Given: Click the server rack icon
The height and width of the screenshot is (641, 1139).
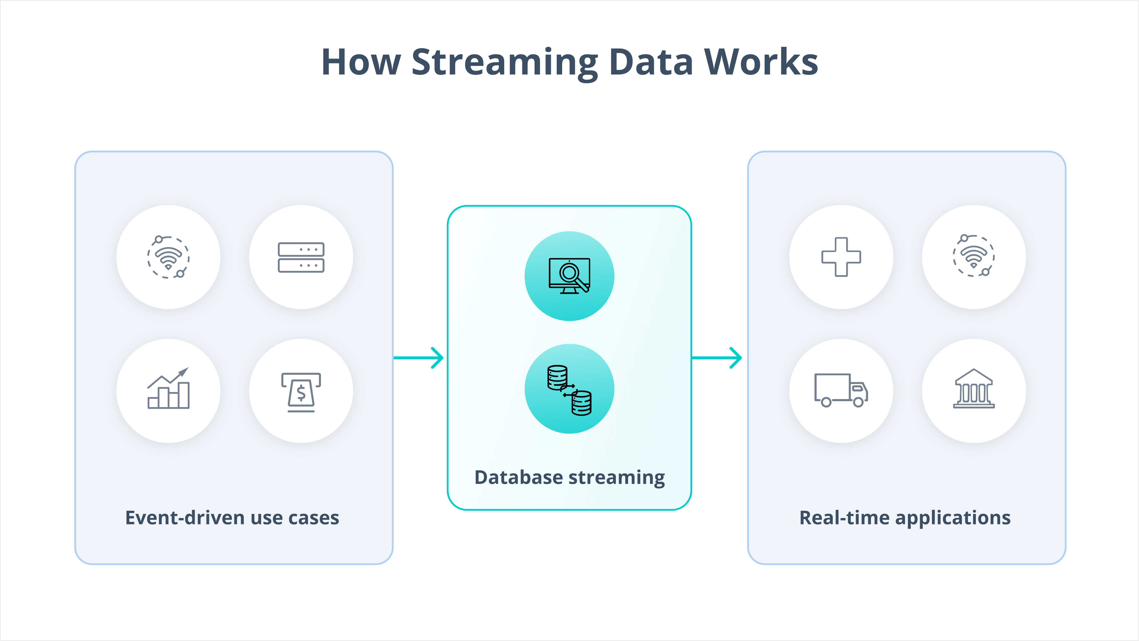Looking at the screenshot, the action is (x=301, y=258).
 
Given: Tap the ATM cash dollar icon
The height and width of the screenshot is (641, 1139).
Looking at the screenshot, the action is (x=301, y=392).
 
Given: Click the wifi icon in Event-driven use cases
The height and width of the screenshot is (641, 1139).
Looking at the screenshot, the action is (x=168, y=257).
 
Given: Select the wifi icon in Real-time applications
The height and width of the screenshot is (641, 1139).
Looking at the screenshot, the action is (x=973, y=256).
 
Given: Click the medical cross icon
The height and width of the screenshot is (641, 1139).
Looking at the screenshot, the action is (x=841, y=257).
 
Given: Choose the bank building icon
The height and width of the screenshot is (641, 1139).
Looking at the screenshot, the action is (x=973, y=388).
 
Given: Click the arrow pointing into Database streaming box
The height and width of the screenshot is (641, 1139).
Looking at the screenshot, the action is (x=418, y=357).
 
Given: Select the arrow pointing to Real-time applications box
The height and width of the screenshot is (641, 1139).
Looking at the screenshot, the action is (x=717, y=357).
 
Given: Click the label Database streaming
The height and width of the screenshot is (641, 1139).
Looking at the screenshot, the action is (x=569, y=478).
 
